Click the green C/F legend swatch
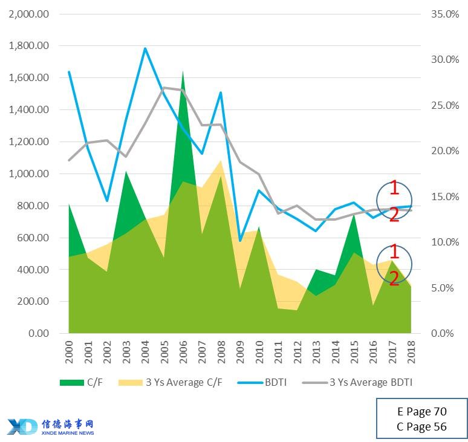pos(71,382)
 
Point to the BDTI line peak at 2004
pos(145,48)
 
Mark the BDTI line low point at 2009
pos(240,241)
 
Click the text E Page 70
pos(421,412)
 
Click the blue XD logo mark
pos(22,426)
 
